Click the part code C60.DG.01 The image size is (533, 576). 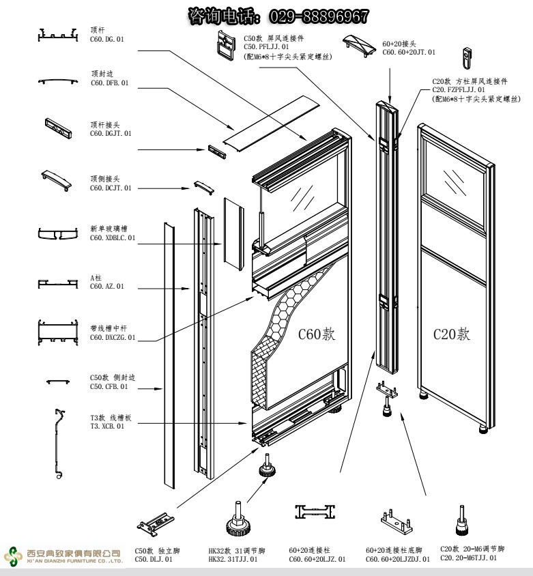(x=107, y=40)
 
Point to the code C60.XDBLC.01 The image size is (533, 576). (x=113, y=238)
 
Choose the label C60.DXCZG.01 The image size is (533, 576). (x=113, y=337)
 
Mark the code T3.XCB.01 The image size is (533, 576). (x=107, y=426)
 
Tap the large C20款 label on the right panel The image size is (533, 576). (x=452, y=334)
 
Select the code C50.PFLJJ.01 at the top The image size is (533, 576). (x=271, y=47)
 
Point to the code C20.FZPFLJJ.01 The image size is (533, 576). (x=459, y=89)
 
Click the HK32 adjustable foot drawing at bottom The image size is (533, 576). (x=237, y=521)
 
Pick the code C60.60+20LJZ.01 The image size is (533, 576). (x=317, y=559)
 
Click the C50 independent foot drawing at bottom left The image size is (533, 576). (x=157, y=522)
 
